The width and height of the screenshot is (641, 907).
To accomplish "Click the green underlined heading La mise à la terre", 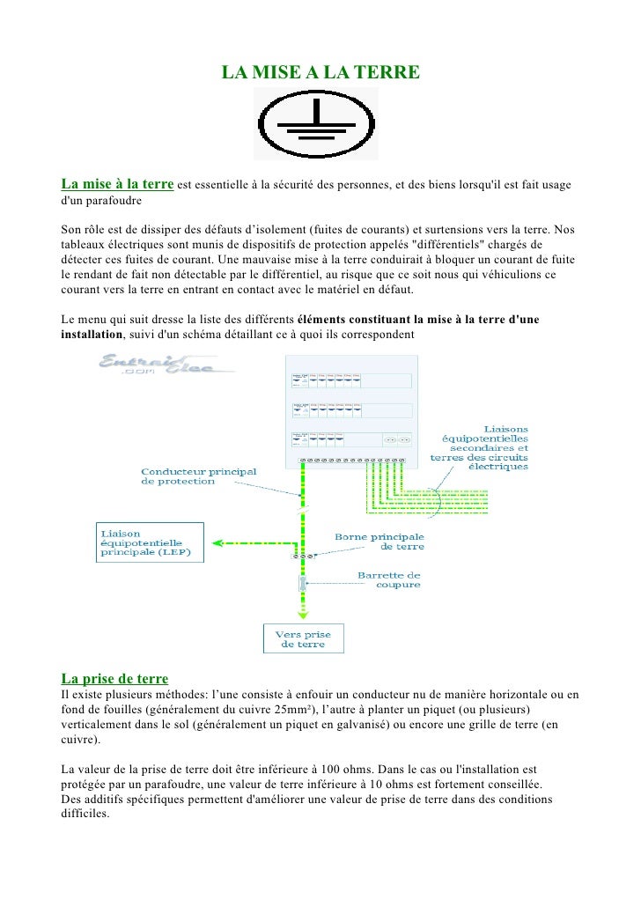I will [116, 184].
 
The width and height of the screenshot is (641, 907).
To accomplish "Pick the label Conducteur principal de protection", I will [199, 476].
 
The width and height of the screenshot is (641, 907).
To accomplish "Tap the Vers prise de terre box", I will [304, 638].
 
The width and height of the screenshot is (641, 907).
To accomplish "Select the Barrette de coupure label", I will [388, 579].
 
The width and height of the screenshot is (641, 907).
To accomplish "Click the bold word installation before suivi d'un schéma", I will [92, 336].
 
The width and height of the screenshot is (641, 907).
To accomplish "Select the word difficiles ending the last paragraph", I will [85, 814].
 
